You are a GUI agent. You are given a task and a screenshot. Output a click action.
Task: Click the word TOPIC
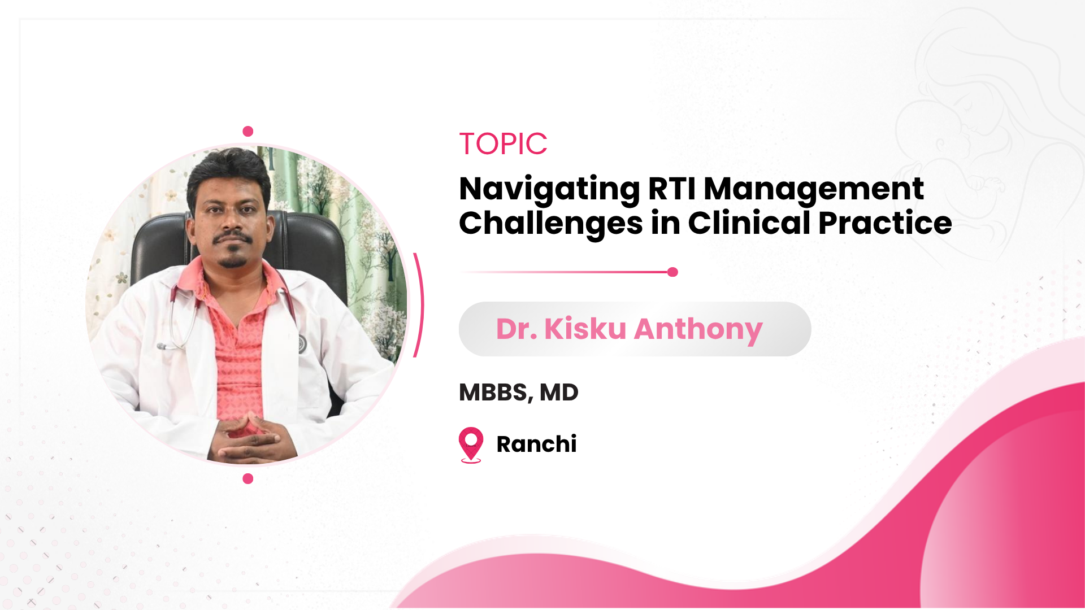tap(503, 144)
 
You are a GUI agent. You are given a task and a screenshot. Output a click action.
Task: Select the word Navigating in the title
tap(550, 190)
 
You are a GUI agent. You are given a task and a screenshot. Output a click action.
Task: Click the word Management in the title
tap(814, 189)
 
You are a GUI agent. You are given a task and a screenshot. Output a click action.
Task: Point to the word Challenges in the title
tap(551, 224)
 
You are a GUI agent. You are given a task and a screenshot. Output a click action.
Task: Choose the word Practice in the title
tap(885, 223)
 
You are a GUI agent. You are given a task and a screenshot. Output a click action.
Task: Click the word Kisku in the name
tap(585, 329)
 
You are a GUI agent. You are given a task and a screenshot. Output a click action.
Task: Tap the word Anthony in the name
tap(698, 330)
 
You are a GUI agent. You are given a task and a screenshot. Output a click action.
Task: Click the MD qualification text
tap(559, 393)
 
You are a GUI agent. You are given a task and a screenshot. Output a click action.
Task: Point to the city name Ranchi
tap(536, 444)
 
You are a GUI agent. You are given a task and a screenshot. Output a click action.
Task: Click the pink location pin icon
tap(471, 445)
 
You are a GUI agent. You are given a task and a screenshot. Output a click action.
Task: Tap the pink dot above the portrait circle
tap(248, 132)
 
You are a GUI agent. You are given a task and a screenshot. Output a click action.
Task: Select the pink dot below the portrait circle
tap(248, 479)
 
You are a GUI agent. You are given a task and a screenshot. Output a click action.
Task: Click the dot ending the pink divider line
tap(672, 272)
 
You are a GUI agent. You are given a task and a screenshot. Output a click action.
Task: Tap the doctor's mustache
tap(232, 237)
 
